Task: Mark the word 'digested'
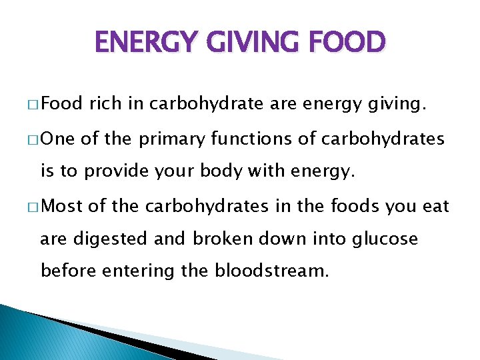[x=107, y=239]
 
